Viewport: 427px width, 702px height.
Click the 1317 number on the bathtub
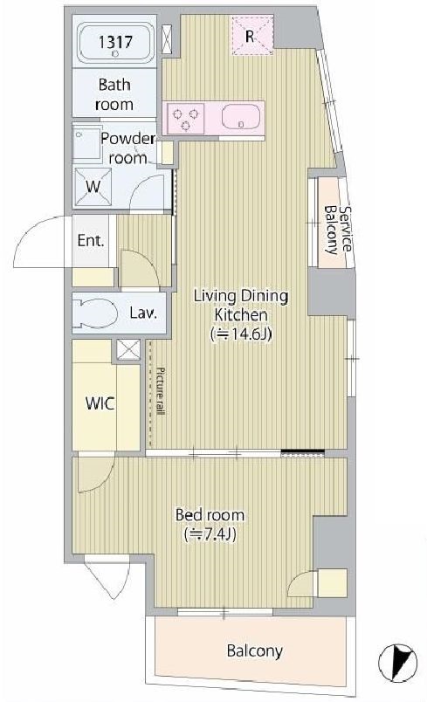[115, 42]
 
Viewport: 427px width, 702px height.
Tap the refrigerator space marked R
[252, 36]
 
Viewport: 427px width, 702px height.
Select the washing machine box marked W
[93, 187]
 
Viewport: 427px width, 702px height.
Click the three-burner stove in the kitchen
[186, 118]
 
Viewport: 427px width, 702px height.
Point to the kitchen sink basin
[242, 118]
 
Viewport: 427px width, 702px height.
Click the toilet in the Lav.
[95, 313]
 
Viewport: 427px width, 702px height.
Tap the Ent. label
[91, 241]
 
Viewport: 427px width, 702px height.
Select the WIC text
[100, 403]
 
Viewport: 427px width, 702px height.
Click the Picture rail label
[161, 391]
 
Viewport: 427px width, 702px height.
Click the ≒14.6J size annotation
[241, 334]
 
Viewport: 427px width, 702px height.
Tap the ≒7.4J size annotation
[210, 534]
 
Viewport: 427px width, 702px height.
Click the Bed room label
[210, 515]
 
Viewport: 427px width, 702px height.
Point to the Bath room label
[114, 94]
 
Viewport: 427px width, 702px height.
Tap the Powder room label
[127, 148]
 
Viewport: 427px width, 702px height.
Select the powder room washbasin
[86, 141]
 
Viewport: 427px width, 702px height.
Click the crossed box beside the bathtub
[166, 38]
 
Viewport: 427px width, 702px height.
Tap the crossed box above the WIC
[128, 349]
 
